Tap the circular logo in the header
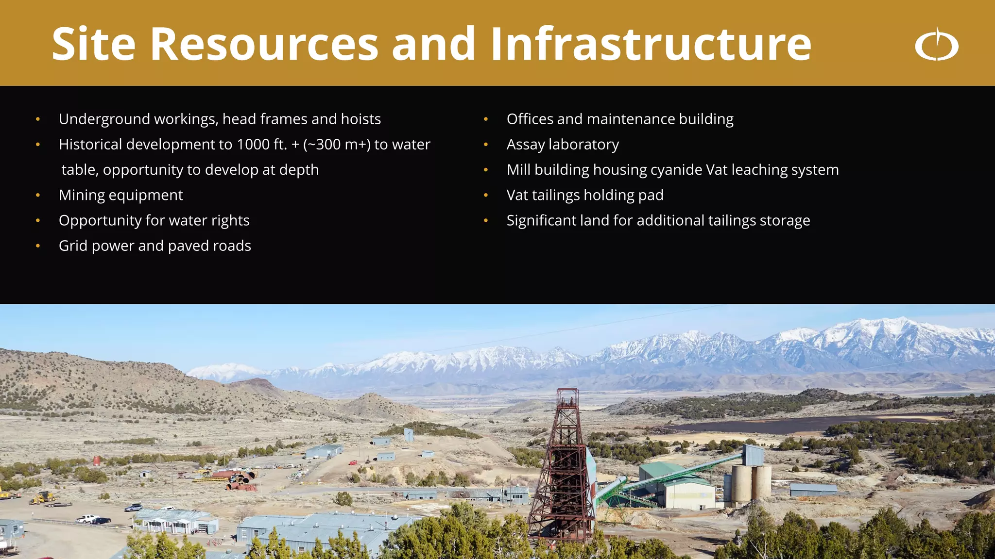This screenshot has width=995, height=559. [x=937, y=45]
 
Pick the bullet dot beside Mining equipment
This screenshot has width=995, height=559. [x=38, y=196]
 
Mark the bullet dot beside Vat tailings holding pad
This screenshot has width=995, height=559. [x=485, y=196]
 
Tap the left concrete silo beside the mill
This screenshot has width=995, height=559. [x=741, y=483]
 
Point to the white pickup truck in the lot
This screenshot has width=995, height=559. [x=86, y=519]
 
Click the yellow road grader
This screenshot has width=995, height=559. [x=43, y=497]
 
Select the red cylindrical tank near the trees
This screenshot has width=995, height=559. [x=97, y=460]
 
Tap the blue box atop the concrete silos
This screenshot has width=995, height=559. [x=754, y=455]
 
